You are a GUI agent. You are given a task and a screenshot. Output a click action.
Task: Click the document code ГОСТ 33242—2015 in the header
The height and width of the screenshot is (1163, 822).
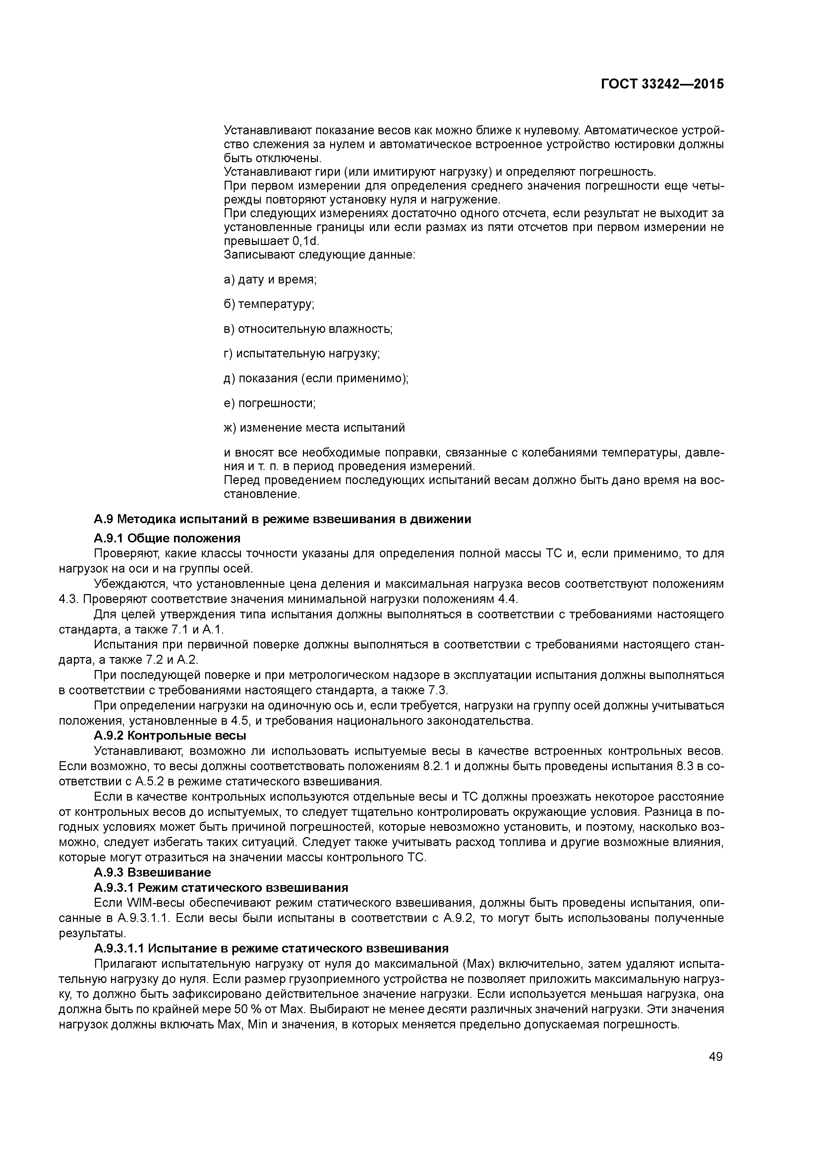coord(662,84)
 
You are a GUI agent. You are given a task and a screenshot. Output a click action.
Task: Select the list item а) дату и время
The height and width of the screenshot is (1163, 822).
coord(270,279)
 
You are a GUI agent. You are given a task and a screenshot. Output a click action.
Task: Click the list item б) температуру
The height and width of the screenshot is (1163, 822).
coord(269,304)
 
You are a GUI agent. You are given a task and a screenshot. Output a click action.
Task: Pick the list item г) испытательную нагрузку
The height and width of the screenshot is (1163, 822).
coord(302,353)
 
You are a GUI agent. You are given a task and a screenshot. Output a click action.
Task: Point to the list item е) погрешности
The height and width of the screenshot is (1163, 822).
coord(269,403)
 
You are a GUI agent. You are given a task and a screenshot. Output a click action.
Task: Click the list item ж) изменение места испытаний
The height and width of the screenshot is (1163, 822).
coord(314,428)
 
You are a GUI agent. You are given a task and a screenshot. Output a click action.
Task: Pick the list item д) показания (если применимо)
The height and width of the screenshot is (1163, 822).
coord(316,378)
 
